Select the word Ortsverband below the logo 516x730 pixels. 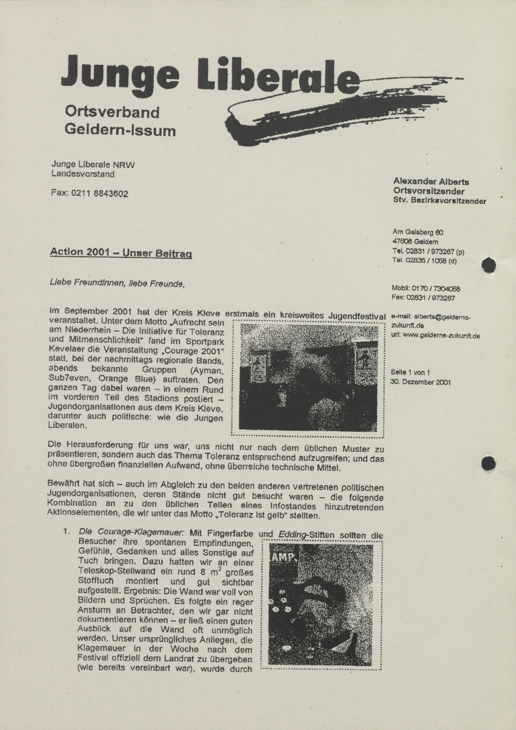[x=112, y=112]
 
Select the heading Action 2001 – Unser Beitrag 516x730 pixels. [x=121, y=253]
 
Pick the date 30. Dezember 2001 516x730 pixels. [x=420, y=382]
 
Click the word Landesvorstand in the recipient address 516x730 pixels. [x=83, y=174]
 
